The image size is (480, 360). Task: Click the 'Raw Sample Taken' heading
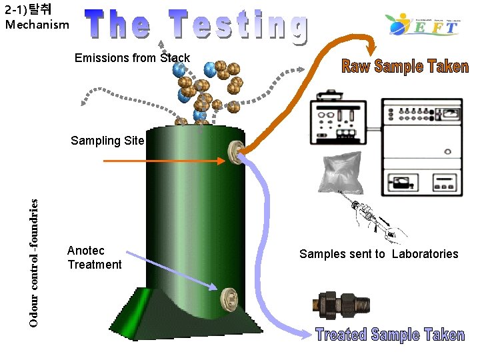[405, 66]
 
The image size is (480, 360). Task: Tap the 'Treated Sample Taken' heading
[389, 335]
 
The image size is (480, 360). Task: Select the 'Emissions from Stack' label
[132, 58]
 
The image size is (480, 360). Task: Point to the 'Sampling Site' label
[107, 141]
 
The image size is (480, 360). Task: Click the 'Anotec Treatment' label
[94, 257]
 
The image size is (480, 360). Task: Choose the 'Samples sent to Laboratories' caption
[379, 253]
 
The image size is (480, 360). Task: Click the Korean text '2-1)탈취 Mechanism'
[37, 17]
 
